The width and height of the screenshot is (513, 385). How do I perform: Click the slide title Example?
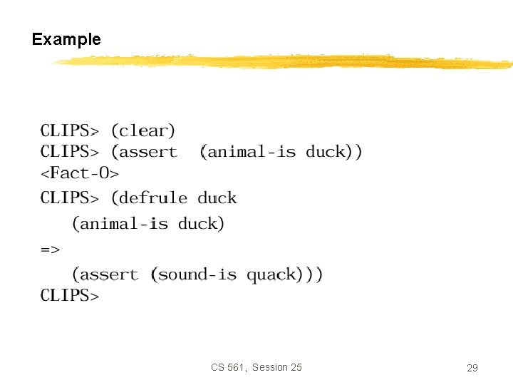click(66, 39)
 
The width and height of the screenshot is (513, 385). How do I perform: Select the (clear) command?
click(142, 131)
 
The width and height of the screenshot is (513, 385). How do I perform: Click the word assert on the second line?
click(147, 152)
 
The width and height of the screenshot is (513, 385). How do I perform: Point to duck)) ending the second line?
click(334, 152)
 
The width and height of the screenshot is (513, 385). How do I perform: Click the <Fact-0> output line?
click(79, 173)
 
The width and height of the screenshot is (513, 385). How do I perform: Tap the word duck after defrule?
click(217, 198)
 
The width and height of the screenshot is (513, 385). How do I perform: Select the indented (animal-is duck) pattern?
click(148, 224)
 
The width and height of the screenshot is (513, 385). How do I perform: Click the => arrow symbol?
click(50, 250)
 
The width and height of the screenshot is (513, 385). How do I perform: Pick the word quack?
click(271, 274)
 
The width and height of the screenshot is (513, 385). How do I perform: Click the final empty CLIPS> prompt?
click(69, 295)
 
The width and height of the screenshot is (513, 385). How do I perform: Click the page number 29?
click(472, 368)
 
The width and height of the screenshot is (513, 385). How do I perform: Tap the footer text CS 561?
click(227, 367)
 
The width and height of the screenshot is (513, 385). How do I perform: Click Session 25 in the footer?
click(276, 367)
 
